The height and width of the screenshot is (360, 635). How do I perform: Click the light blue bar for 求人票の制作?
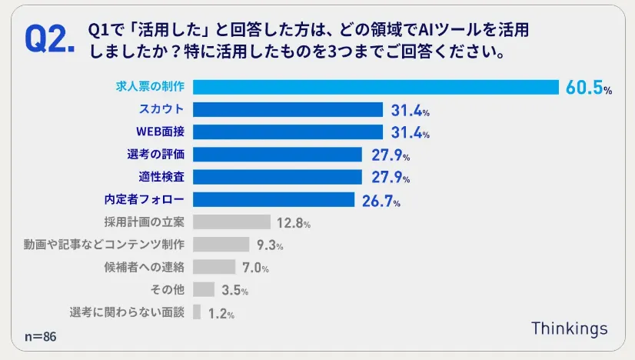[x=375, y=87]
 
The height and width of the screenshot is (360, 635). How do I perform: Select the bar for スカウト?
[x=288, y=109]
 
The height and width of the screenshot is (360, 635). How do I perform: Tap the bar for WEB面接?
[x=288, y=132]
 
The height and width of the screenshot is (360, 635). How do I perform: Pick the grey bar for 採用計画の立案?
[x=231, y=222]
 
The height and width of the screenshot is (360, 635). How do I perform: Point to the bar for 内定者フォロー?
[x=274, y=200]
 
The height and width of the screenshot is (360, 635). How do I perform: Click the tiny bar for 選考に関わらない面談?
[x=197, y=312]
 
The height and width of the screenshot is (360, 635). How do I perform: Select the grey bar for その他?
[x=204, y=290]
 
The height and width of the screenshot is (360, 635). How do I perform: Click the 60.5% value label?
[x=588, y=88]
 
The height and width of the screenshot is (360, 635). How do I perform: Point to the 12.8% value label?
[x=293, y=223]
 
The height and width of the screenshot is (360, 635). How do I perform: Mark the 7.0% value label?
[x=255, y=268]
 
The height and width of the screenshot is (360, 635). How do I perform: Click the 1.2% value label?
[x=221, y=313]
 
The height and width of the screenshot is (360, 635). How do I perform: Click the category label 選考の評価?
[x=155, y=154]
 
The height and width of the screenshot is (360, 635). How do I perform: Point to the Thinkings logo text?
[x=569, y=328]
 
